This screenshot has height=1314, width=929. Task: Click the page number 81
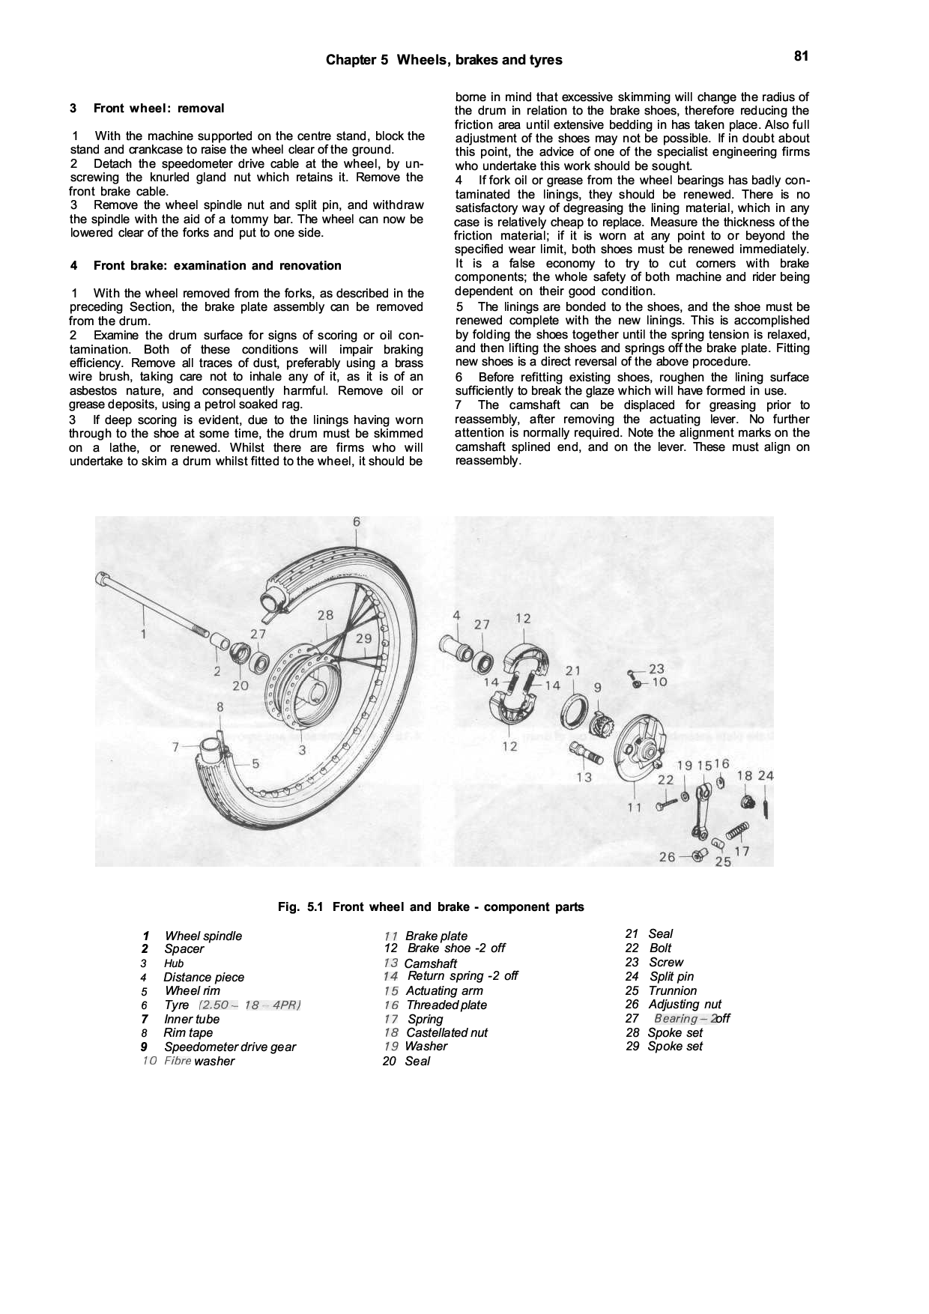801,55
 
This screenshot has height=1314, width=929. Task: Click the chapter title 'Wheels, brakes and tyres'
479,60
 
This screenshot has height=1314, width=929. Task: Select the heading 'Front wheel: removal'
159,109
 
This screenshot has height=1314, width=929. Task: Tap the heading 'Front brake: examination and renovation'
217,266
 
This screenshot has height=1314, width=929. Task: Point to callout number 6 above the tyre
357,521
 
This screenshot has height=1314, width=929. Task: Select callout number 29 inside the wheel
363,638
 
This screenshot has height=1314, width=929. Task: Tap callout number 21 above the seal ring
573,670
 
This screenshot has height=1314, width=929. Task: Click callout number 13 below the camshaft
584,777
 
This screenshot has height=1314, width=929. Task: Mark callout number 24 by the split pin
766,775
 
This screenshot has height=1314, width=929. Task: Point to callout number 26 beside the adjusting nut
667,857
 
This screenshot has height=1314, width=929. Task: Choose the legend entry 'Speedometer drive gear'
230,1047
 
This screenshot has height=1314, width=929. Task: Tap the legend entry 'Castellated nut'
447,1033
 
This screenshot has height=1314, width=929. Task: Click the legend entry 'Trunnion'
672,991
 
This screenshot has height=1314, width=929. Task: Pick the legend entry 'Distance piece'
204,978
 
